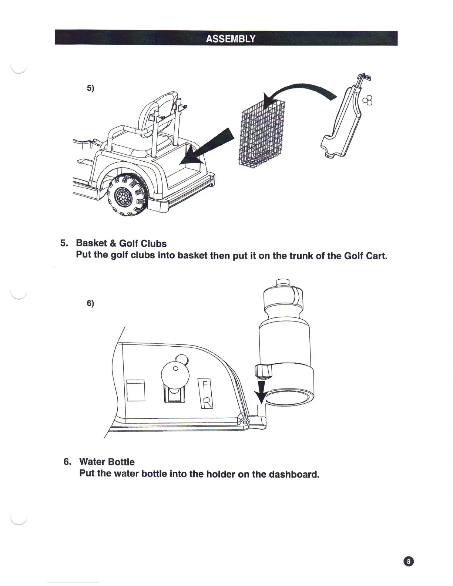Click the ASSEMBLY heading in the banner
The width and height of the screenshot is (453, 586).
click(230, 39)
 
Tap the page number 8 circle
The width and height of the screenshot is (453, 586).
click(408, 561)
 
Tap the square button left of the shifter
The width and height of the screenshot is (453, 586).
click(135, 390)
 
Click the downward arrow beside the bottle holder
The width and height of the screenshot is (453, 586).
click(262, 392)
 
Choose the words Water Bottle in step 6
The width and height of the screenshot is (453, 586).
click(107, 462)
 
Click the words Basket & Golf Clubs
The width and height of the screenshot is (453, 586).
click(121, 243)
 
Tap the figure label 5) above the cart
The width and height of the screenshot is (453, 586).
click(90, 88)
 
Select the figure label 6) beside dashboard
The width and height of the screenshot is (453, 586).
click(90, 303)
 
